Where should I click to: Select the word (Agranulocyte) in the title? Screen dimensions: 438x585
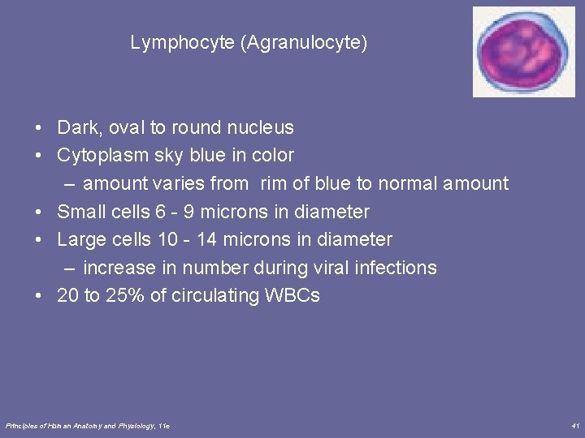point(304,43)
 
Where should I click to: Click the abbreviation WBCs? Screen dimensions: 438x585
point(292,296)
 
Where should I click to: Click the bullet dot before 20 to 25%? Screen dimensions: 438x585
point(38,296)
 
